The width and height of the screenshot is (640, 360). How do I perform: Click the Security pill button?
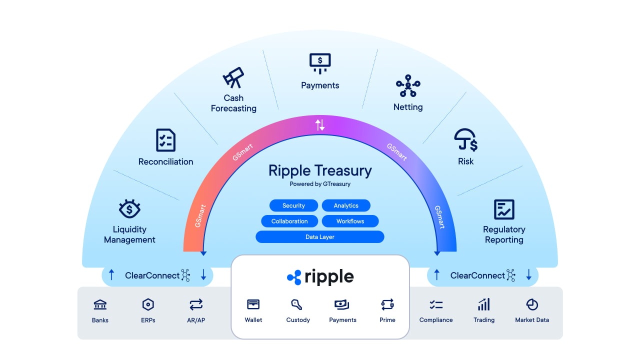point(293,205)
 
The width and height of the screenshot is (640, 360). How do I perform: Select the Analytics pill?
point(346,205)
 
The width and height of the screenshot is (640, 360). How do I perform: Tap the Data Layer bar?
point(320,237)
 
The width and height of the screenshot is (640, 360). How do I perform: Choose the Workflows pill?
point(350,221)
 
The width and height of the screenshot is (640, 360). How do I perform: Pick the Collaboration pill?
point(289,221)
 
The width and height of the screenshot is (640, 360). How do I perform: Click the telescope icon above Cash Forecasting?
point(233,78)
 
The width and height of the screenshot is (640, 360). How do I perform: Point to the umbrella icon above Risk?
point(465,140)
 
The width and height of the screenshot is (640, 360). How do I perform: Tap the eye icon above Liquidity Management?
point(129,209)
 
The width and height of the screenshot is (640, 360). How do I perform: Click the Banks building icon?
point(100,304)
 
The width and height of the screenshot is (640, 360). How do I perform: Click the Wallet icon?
point(253,304)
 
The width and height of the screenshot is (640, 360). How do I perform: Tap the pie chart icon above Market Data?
point(532,304)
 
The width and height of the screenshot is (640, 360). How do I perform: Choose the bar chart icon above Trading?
point(483,304)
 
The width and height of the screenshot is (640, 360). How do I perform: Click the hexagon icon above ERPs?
point(148,304)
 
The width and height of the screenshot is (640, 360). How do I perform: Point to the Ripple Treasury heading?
point(320,171)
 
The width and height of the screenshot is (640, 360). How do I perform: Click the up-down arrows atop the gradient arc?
point(320,125)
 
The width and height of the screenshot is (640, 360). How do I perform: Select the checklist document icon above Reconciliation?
point(165,140)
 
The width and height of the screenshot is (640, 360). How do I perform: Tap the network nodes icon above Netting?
point(408,85)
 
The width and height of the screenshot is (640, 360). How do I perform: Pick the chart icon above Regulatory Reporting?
point(504,209)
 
